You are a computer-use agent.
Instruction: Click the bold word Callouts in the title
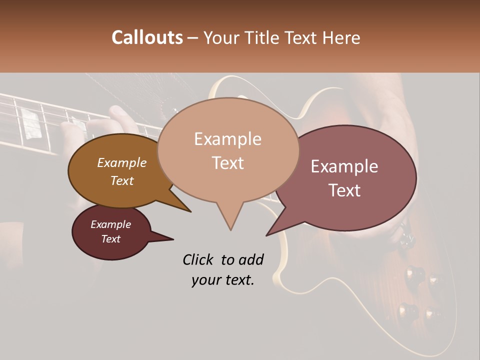point(147,37)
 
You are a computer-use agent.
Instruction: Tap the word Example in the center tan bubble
point(227,139)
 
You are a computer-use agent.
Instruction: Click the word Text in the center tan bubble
point(227,163)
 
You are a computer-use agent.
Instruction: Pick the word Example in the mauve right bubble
point(344,166)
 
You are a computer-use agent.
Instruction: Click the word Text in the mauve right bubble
point(344,190)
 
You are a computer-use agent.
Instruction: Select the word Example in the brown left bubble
point(121,162)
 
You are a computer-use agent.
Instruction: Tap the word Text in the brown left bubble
point(121,180)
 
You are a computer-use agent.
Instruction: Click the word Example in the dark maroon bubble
point(110,224)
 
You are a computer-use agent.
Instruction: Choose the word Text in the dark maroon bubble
point(110,239)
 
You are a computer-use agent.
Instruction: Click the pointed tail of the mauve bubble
point(268,234)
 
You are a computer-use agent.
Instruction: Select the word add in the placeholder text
point(251,259)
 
